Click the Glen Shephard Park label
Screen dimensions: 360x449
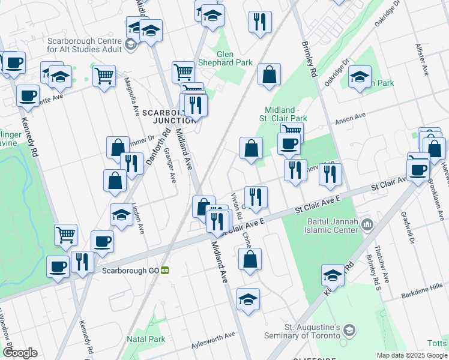pos(234,58)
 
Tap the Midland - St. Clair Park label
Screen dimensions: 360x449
pos(287,114)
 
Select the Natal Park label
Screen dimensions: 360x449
pos(146,339)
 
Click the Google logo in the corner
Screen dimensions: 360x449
pos(20,353)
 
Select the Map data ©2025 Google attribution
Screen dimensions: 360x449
pos(412,355)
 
